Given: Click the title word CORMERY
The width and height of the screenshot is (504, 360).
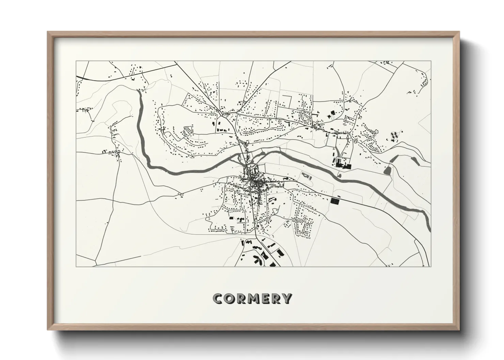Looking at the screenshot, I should pyautogui.click(x=252, y=298).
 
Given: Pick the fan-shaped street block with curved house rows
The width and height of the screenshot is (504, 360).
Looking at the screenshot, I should pyautogui.click(x=187, y=131).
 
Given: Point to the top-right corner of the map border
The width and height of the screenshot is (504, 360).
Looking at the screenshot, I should pyautogui.click(x=431, y=61).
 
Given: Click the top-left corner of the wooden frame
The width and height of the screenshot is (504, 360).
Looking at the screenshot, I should pyautogui.click(x=47, y=32).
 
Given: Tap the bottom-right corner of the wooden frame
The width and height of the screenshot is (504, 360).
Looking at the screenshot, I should pyautogui.click(x=459, y=330).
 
